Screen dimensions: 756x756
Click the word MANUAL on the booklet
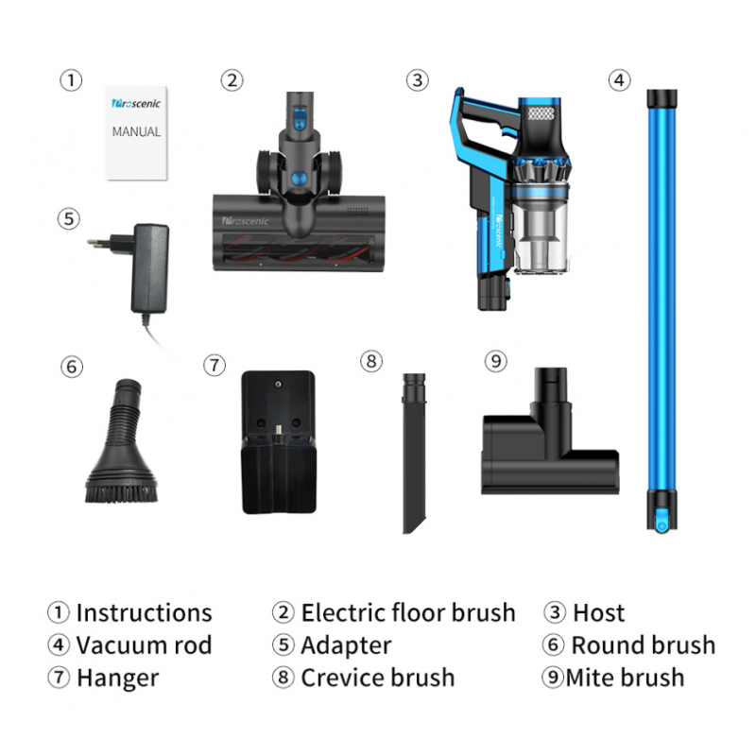tap(136, 131)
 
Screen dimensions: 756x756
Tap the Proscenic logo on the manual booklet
tap(136, 103)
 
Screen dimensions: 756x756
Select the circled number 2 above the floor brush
tap(232, 80)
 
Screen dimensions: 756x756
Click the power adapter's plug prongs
tap(98, 243)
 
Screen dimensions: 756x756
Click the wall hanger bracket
tap(279, 442)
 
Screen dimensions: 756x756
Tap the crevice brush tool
tap(414, 454)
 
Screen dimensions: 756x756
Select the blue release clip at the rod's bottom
tap(661, 520)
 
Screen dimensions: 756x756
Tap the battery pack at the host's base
tap(493, 293)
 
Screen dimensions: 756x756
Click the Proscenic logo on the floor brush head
tap(245, 221)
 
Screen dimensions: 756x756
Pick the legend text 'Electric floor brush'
tap(408, 612)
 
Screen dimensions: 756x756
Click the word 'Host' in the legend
tap(598, 612)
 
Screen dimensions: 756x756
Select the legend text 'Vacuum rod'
tap(144, 645)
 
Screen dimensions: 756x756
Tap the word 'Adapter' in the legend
tap(346, 646)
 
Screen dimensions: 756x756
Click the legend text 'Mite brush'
tap(625, 678)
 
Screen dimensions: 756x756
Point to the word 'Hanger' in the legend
tap(117, 679)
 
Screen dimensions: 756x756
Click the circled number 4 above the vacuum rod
tap(620, 80)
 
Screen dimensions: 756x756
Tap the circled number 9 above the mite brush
tap(495, 361)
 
